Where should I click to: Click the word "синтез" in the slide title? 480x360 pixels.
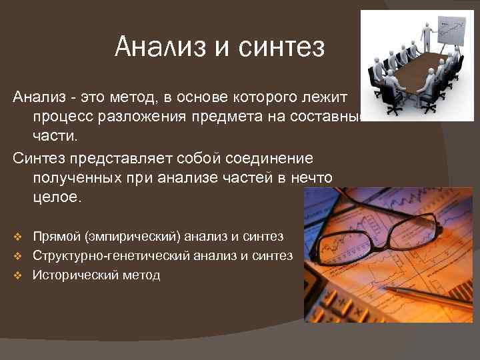click(284, 48)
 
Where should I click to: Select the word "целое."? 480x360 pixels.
click(56, 199)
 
